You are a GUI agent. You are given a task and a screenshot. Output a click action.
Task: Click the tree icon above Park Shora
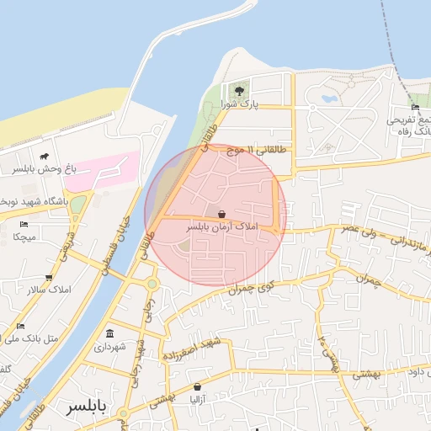(x=239, y=90)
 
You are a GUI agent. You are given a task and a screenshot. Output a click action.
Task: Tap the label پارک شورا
(x=238, y=104)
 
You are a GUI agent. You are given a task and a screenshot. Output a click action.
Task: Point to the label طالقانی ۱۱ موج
(x=262, y=150)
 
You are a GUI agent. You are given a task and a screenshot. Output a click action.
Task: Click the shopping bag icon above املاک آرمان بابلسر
(x=221, y=214)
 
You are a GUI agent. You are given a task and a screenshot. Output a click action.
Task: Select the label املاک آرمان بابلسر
(x=221, y=227)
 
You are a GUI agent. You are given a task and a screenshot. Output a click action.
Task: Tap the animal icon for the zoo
(x=43, y=157)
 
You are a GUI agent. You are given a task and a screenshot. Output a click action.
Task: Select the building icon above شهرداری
(x=111, y=333)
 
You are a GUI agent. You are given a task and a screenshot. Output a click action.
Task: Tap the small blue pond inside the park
(x=328, y=98)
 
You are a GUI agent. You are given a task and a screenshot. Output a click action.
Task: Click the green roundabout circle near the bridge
(x=152, y=284)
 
